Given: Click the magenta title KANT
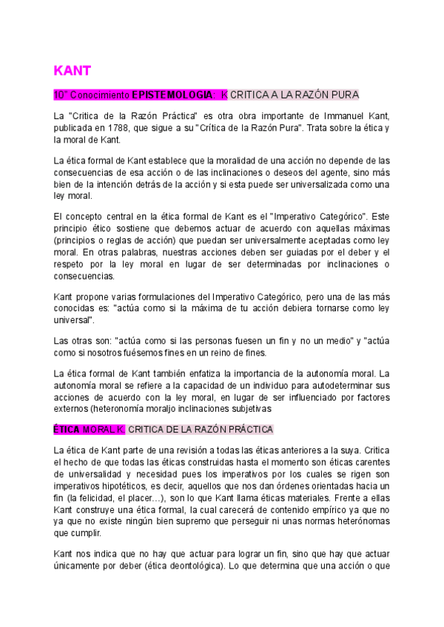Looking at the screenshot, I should (x=72, y=70).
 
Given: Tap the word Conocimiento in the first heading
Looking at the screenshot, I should (x=100, y=95).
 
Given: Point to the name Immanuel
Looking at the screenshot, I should (x=348, y=118).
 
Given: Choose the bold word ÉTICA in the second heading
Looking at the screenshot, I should (x=66, y=430).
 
